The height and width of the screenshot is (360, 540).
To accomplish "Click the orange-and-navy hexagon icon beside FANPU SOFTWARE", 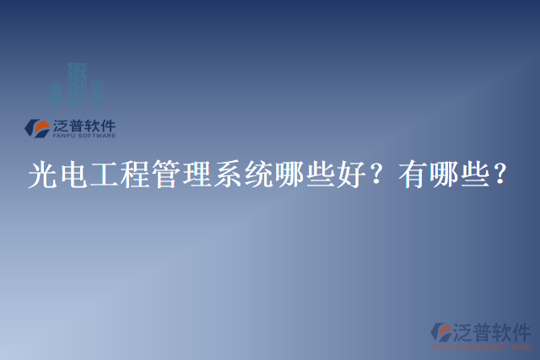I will (x=38, y=127).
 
